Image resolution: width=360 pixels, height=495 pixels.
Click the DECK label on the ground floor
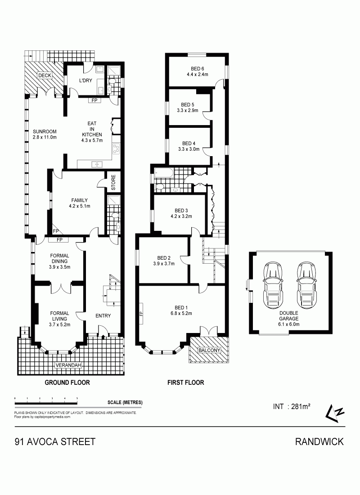45,76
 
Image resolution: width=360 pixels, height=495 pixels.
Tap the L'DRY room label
85,81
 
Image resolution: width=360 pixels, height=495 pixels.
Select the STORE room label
113,182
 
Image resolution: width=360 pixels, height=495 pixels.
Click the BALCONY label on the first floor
209,350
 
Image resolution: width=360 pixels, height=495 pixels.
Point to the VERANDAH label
68,365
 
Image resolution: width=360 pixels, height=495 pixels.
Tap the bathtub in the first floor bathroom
164,173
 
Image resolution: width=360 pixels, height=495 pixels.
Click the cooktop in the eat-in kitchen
117,148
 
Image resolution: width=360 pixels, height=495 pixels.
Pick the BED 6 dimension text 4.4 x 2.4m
198,75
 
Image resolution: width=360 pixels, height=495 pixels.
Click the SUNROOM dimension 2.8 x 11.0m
45,137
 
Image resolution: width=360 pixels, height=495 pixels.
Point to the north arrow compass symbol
335,413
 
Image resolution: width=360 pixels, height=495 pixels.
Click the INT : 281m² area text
292,407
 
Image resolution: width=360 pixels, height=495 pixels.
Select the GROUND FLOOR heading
67,382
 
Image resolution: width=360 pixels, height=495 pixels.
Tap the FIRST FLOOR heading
186,382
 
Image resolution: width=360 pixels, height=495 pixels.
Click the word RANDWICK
319,441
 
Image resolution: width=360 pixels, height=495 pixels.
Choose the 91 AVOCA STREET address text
55,441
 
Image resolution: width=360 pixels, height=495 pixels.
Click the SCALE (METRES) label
125,402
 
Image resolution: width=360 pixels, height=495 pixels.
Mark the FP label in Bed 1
141,314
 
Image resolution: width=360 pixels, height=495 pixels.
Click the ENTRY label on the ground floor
103,316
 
